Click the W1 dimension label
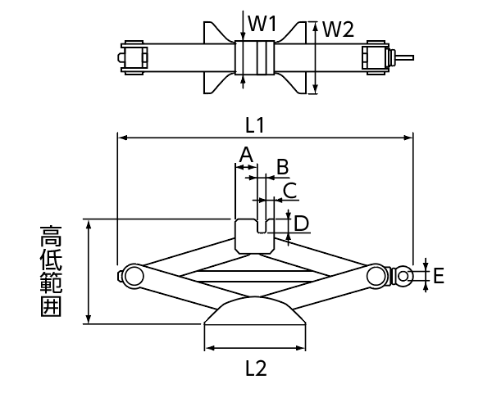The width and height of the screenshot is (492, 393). (262, 24)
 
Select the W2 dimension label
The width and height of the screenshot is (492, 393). (338, 29)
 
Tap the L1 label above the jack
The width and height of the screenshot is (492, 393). (255, 125)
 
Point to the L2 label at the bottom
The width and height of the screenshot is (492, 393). (256, 368)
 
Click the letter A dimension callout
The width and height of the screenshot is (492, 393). (246, 155)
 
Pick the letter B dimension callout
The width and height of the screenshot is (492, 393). (282, 167)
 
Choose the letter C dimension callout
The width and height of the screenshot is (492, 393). (290, 190)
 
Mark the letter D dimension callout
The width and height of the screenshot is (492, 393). (301, 224)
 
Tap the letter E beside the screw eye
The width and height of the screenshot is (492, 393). (439, 276)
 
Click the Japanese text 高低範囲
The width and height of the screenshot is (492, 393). (51, 271)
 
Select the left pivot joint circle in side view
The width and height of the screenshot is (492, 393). (134, 276)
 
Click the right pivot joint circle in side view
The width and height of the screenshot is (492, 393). (377, 276)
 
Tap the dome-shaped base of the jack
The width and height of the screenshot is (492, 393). (254, 311)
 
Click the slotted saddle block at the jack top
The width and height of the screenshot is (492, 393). (254, 237)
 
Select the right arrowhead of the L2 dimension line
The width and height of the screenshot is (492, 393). (301, 348)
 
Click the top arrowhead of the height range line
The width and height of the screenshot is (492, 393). (89, 224)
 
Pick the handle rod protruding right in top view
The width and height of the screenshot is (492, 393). (404, 57)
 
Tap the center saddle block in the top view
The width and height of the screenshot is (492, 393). (255, 57)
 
